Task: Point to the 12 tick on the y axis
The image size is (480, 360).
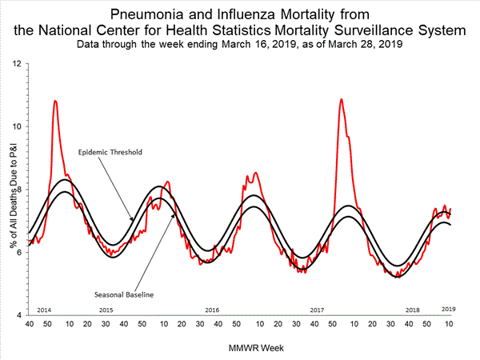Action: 18,63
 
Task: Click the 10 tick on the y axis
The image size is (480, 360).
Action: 18,126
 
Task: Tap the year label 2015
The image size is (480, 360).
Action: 106,310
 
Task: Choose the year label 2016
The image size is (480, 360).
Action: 212,310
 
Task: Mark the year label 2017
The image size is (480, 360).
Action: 317,310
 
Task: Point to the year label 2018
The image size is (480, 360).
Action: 413,310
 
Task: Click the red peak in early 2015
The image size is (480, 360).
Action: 55,101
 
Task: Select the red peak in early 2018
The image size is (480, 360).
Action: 342,99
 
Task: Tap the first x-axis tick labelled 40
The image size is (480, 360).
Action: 30,324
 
